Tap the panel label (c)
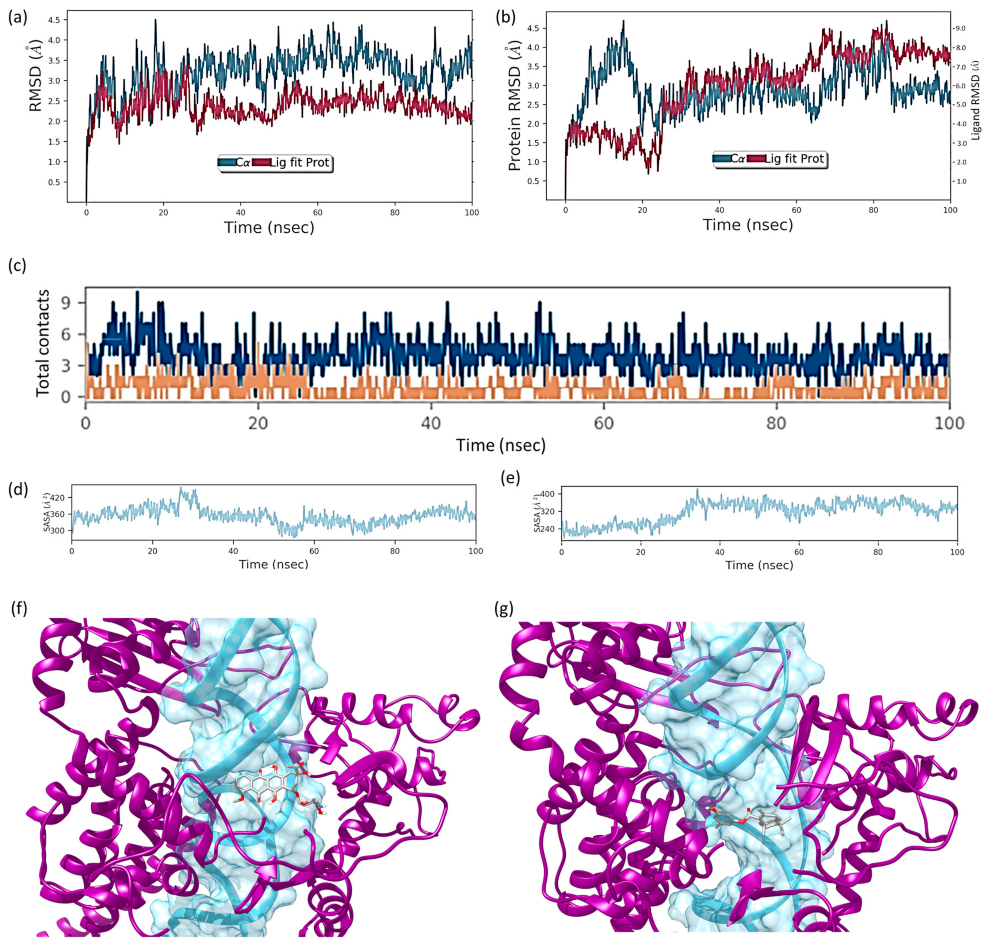pyautogui.click(x=18, y=266)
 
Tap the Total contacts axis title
pyautogui.click(x=44, y=343)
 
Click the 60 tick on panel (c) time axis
pyautogui.click(x=604, y=422)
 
